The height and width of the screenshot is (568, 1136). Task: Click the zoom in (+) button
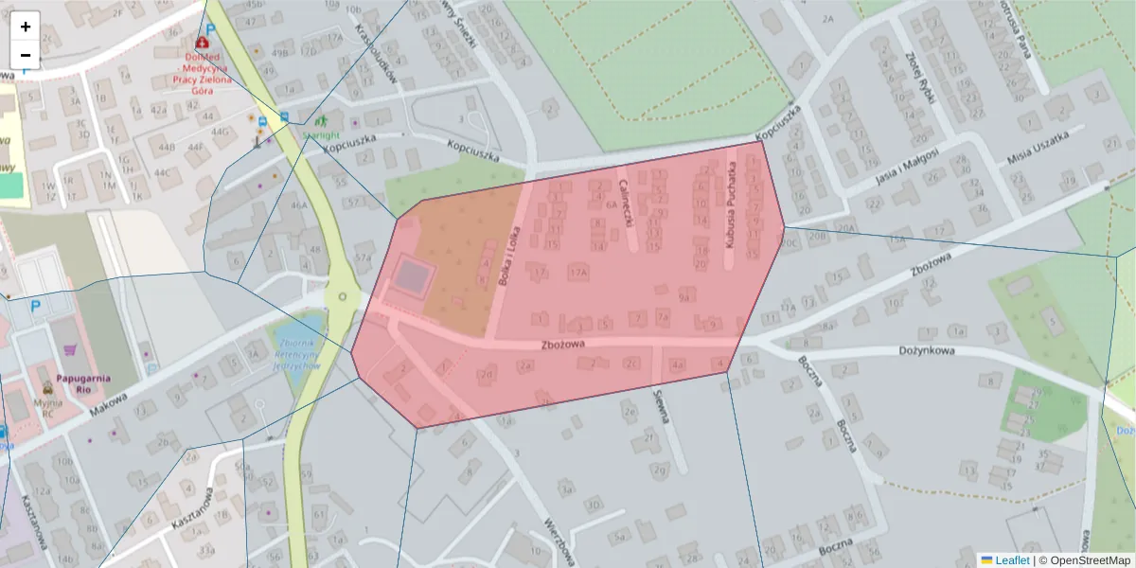[x=26, y=27]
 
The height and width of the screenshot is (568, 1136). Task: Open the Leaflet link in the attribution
[x=1012, y=560]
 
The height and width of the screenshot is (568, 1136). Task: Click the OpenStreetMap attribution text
[x=1089, y=560]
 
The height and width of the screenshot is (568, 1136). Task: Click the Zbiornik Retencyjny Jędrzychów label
[x=296, y=353]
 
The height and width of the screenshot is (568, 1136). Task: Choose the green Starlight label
[x=320, y=135]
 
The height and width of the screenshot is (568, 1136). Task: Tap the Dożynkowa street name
[x=926, y=350]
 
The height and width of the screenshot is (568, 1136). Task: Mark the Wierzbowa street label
[x=559, y=541]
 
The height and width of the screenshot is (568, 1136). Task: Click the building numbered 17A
[x=577, y=272]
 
